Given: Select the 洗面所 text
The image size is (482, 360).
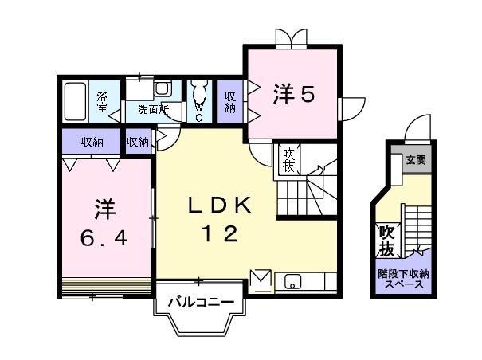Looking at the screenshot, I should click(x=152, y=109).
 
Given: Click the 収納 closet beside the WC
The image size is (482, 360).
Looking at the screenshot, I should click(x=230, y=101).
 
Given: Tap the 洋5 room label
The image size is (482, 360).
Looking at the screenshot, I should click(x=295, y=94).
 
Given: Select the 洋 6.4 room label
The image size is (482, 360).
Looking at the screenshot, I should click(x=102, y=223).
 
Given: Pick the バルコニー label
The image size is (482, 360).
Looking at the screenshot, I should click(x=200, y=303).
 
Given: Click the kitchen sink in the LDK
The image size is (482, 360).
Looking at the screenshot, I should click(x=292, y=281).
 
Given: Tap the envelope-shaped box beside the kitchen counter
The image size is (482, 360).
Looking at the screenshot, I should click(x=261, y=280).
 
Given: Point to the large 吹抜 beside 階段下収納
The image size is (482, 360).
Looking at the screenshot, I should click(x=386, y=241).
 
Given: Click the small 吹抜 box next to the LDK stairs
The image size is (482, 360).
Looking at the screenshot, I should click(x=287, y=159).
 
